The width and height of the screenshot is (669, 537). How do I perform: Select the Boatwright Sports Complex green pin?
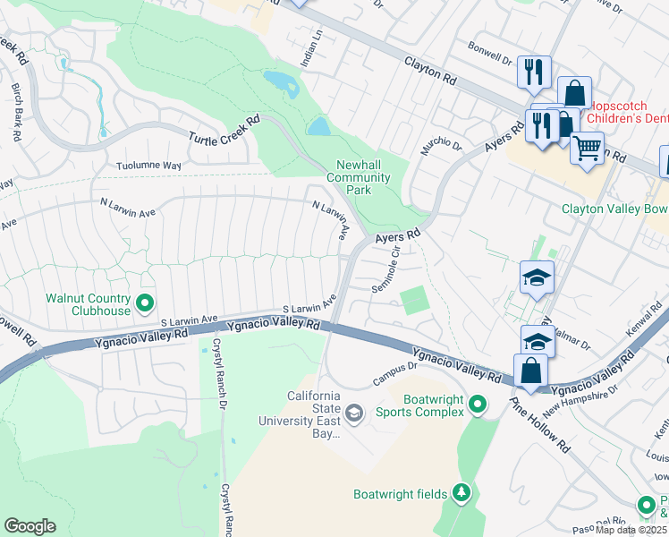pyautogui.click(x=478, y=405)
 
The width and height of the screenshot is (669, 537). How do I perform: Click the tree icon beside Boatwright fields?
pyautogui.click(x=462, y=492)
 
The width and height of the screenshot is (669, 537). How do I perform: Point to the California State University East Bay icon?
pyautogui.click(x=354, y=413)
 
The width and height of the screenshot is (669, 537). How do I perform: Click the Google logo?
pyautogui.click(x=30, y=526)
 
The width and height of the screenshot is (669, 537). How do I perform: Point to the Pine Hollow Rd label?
pyautogui.click(x=551, y=427)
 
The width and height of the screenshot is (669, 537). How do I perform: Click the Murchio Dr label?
pyautogui.click(x=442, y=145)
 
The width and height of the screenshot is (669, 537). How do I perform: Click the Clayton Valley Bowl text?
pyautogui.click(x=614, y=209)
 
